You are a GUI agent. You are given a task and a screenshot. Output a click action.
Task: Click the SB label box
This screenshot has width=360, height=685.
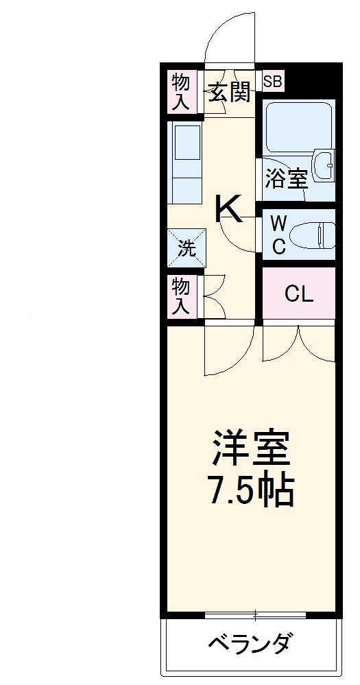[273, 82]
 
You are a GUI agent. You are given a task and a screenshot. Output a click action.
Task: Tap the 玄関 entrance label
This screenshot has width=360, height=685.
[229, 91]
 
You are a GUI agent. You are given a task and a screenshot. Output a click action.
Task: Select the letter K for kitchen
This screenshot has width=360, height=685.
[229, 208]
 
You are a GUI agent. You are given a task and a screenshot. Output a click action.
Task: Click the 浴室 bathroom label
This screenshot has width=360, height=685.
[287, 179]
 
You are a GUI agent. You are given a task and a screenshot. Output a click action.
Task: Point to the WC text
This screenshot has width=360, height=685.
[278, 235]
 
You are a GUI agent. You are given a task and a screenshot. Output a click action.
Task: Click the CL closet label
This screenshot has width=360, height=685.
[299, 294]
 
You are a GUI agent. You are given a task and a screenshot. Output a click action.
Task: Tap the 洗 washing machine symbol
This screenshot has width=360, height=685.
[186, 248]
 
